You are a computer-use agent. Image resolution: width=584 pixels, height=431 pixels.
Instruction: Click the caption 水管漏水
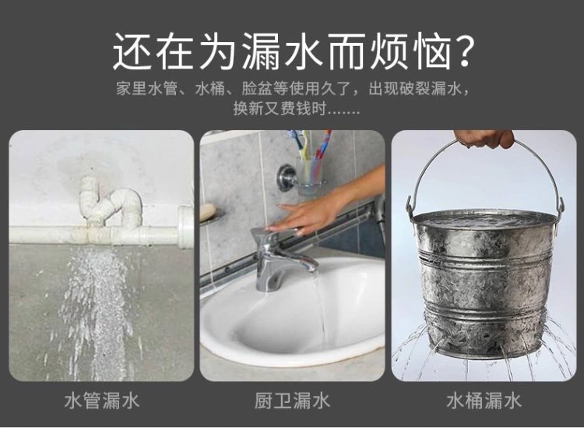click(x=102, y=401)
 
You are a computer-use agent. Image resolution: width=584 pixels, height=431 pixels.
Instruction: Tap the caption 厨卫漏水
click(x=292, y=401)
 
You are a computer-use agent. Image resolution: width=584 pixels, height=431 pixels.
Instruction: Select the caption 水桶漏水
click(x=484, y=401)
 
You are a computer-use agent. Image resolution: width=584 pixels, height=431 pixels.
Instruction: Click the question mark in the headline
click(x=464, y=51)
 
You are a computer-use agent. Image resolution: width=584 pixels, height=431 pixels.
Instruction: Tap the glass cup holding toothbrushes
click(x=309, y=175)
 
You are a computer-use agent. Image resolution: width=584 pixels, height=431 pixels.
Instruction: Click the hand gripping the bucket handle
click(x=485, y=138)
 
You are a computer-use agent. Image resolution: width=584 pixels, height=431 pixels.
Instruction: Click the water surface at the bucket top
click(x=485, y=220)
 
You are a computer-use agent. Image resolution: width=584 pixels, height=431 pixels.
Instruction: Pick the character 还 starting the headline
click(x=132, y=51)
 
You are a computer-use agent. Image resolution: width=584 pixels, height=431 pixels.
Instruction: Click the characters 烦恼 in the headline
click(x=412, y=51)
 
